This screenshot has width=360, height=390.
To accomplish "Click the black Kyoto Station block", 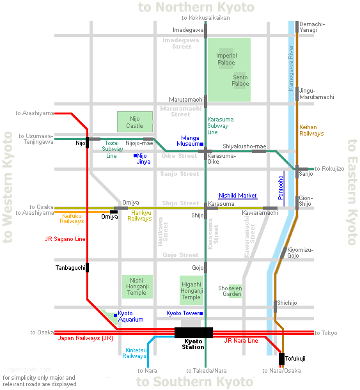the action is point(194,332).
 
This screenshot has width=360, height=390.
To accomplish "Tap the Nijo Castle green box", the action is point(135,122).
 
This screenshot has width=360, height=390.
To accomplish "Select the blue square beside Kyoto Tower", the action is point(201,313).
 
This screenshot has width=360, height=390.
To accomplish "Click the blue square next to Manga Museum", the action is point(202,144).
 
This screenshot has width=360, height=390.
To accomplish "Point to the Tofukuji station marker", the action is point(281,359).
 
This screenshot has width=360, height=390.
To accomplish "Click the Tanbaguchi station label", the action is point(70,268).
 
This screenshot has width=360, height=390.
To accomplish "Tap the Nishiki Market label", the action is point(238,196).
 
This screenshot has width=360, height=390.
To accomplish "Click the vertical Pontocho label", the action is point(281,187).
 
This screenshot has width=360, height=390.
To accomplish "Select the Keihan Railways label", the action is point(311,130).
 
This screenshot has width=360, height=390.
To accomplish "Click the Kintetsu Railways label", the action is point(134,353).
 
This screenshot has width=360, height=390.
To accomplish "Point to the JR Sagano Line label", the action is point(65,239).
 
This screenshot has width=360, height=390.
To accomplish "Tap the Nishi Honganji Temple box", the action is point(137,286).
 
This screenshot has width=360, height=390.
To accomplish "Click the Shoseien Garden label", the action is point(230,291).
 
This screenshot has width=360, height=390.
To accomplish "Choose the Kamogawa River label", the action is point(290,68).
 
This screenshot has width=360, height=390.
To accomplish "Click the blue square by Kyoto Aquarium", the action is point(116,315).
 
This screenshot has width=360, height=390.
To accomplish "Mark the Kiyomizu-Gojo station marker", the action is point(283,253).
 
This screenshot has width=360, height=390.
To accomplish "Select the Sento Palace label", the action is point(240,81).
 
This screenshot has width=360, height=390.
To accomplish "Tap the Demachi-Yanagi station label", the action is point(312,27).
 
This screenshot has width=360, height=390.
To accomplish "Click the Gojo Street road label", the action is point(180,255).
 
